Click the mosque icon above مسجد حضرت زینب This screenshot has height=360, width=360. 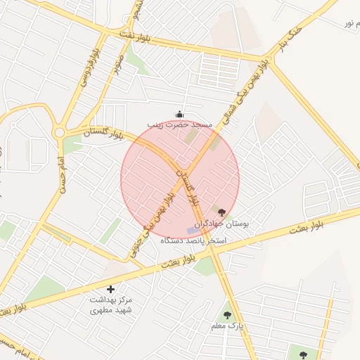179,115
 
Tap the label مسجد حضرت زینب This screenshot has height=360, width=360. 179,124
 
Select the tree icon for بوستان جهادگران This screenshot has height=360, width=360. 222,212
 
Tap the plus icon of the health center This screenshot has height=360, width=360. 110,289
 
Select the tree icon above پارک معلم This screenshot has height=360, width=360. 227,316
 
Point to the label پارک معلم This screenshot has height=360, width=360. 227,327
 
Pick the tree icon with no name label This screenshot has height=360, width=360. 303,355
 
